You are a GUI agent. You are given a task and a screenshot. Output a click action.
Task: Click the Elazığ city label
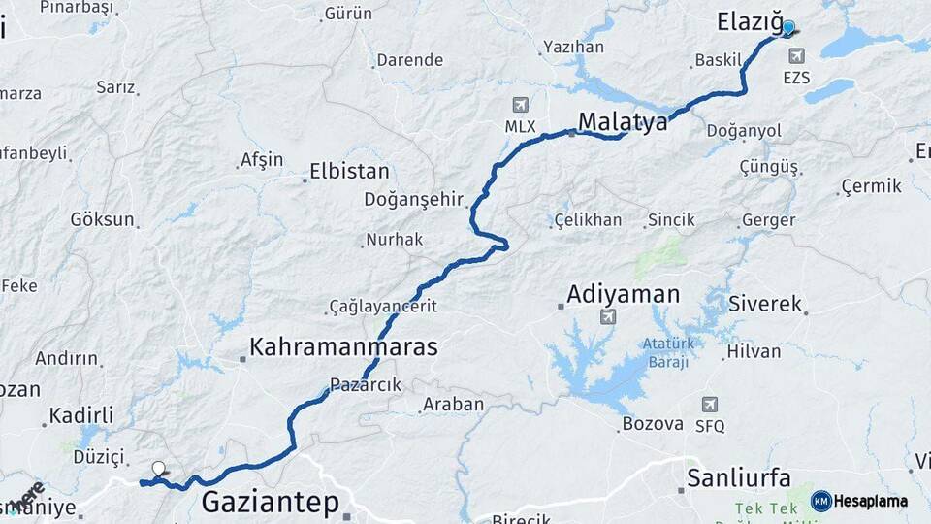[x=749, y=21]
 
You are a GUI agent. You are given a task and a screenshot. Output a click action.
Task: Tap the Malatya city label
[x=623, y=122]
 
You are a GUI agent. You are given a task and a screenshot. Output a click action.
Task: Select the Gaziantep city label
[x=271, y=502]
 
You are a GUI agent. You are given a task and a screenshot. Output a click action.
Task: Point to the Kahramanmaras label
[x=343, y=346]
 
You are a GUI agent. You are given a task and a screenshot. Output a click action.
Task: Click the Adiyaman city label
[x=624, y=293]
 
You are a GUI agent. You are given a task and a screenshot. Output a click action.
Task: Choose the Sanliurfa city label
[x=738, y=477]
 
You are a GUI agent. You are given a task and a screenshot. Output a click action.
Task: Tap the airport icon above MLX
[x=521, y=105]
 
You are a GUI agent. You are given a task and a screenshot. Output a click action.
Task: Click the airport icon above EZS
[x=796, y=56]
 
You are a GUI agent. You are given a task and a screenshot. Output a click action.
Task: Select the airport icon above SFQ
[x=710, y=404]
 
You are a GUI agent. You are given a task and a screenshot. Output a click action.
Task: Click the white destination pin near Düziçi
[x=158, y=469]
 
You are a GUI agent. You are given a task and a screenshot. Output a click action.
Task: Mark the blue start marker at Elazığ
[x=788, y=28]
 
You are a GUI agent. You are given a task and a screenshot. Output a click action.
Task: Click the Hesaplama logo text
[x=870, y=501]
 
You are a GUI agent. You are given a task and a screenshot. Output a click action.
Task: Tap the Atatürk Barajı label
[x=664, y=353]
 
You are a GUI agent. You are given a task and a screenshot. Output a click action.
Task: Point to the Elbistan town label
[x=349, y=173]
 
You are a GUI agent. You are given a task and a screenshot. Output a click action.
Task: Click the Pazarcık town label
[x=365, y=385]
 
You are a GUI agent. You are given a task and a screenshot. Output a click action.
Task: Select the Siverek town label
[x=765, y=304]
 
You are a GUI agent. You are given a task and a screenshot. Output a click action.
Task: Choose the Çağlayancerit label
[x=383, y=306]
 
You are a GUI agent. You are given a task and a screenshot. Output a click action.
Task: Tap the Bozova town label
[x=653, y=424]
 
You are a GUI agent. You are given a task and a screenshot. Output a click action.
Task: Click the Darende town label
[x=409, y=60]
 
